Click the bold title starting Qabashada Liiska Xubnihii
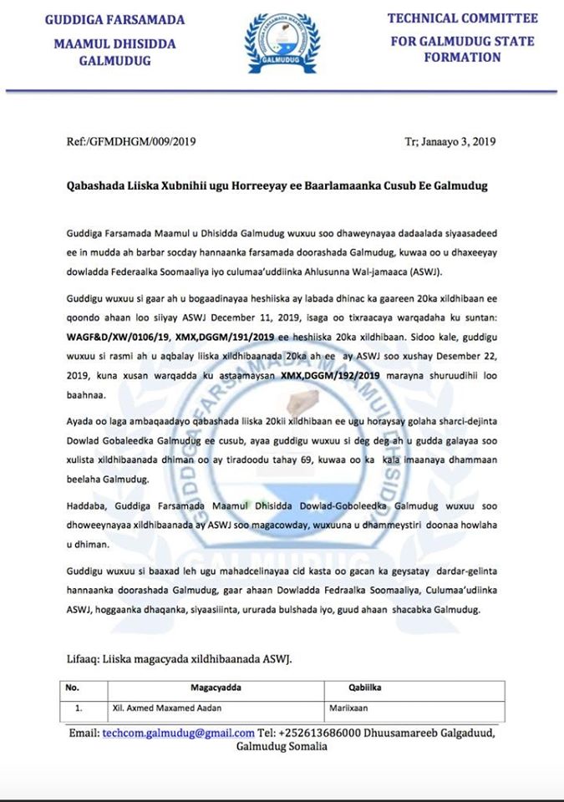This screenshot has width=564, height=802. [276, 185]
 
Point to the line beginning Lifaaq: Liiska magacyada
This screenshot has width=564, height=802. [179, 659]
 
